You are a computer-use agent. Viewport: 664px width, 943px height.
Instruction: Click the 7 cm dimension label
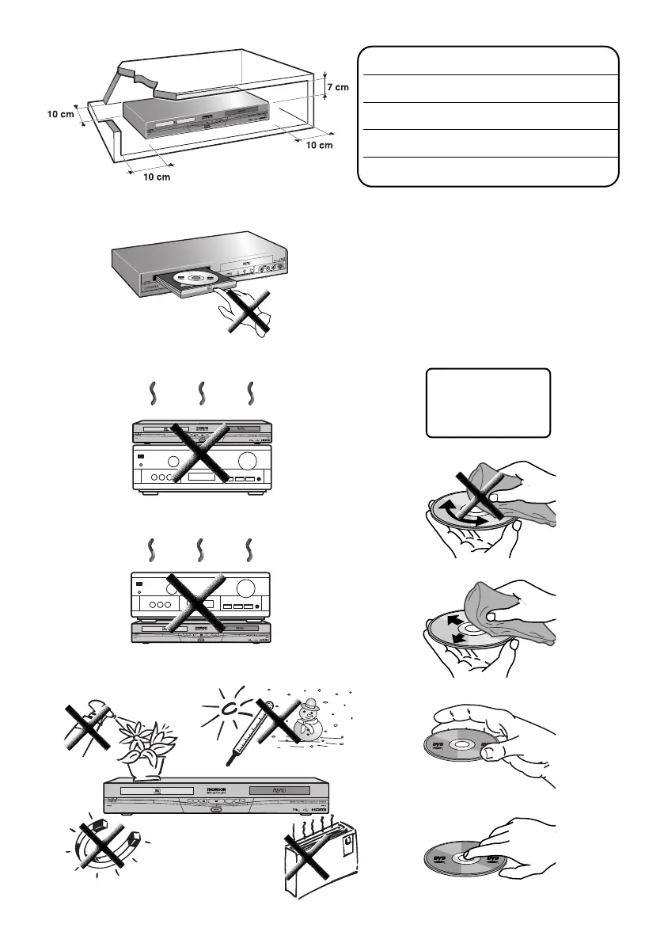coord(336,87)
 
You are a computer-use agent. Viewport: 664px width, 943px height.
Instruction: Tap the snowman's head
coord(311,704)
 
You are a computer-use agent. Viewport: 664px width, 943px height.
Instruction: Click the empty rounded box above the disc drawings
coord(488,402)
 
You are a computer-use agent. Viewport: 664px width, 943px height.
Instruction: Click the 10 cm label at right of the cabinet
coord(320,146)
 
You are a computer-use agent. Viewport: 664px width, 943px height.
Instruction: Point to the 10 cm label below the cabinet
coord(157,177)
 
